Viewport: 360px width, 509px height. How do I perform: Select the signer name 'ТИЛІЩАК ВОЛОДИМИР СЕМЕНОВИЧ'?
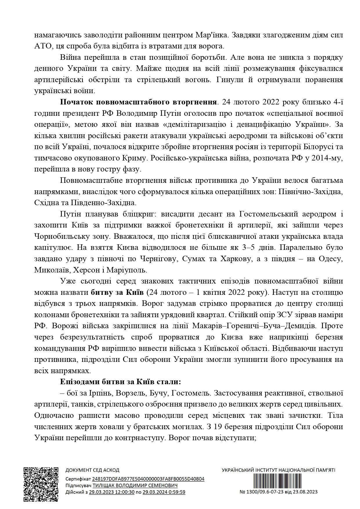(135, 485)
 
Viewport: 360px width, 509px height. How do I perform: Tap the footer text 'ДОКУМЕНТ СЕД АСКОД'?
(92, 470)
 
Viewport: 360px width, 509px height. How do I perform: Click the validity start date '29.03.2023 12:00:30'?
(112, 492)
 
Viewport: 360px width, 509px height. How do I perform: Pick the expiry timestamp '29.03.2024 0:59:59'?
(164, 492)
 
